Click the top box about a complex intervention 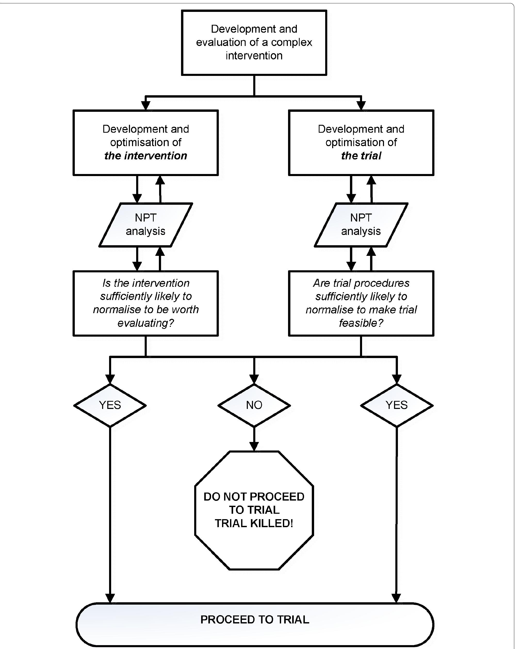tap(254, 42)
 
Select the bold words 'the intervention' tap(145, 156)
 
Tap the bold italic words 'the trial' tap(361, 156)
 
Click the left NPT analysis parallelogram tap(145, 225)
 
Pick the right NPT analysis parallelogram tap(361, 225)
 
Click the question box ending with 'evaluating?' tap(145, 303)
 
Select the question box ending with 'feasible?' tap(361, 303)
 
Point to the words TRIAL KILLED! tap(254, 523)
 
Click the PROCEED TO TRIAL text tap(255, 620)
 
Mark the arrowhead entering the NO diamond tap(254, 379)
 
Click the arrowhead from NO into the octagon tap(254, 446)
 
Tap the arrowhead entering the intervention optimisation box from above tap(145, 106)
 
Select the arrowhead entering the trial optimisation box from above tap(361, 106)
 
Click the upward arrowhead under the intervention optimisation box tap(160, 180)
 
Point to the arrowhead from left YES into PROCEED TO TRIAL tap(110, 598)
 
